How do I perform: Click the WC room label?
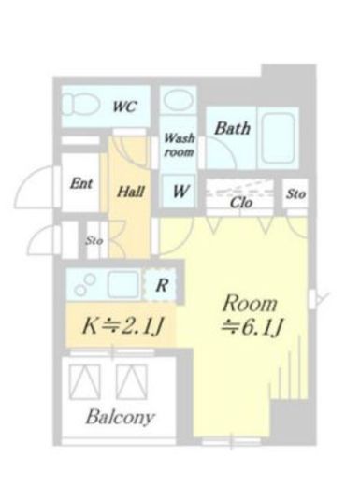coord(124,107)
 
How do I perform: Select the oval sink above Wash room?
coord(179,100)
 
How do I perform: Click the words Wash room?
coord(179,145)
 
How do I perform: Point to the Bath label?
coord(232,128)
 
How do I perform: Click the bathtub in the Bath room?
coord(278,138)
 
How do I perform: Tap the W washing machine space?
coord(180,191)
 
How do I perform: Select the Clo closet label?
coord(240,203)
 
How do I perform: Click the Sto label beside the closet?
coord(295,194)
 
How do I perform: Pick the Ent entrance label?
coord(81,183)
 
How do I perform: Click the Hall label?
coord(131,192)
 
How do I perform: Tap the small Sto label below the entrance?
coord(94,241)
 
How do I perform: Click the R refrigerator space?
coord(162,285)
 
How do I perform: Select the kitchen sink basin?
coord(123,284)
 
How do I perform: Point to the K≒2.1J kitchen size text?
coord(122,325)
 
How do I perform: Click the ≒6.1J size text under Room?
coord(252,327)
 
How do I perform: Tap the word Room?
coord(250,303)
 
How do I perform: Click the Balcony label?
coord(120,417)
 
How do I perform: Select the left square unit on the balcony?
coord(85,381)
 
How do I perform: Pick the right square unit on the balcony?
coord(131,381)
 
